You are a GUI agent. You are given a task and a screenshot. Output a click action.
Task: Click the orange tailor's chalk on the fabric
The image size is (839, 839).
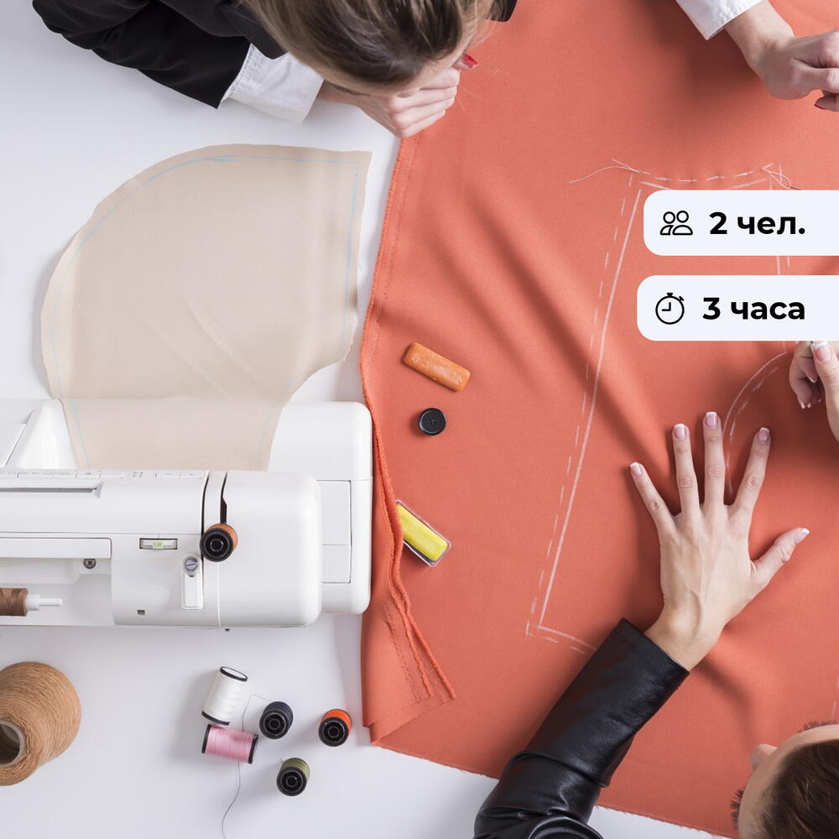(436, 367)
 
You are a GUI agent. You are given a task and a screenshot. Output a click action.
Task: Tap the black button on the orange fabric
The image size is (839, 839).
(432, 421)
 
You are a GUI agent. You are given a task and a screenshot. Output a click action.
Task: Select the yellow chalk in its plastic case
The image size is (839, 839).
(422, 533)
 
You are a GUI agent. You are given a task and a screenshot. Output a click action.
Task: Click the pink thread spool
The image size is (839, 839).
(229, 743)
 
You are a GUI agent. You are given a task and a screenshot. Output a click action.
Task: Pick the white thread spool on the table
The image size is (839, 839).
(225, 695)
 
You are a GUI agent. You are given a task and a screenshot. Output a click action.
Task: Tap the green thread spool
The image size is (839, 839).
(293, 776)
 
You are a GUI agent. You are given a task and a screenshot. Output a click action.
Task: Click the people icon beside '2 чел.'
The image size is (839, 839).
(675, 223)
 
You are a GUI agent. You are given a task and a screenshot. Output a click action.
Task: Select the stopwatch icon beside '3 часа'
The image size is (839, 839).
(670, 308)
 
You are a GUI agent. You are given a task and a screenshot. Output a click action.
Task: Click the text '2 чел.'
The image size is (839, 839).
(757, 224)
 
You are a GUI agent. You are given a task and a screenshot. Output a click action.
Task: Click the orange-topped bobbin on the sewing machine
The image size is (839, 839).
(219, 542)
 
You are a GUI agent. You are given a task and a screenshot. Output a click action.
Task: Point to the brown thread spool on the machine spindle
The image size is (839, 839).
(13, 602)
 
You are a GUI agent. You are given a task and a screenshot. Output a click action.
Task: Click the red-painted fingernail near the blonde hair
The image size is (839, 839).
(469, 61)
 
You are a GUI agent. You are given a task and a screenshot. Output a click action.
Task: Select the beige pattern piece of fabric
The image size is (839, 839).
(203, 300)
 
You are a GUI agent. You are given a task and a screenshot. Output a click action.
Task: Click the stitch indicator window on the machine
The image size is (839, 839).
(158, 545)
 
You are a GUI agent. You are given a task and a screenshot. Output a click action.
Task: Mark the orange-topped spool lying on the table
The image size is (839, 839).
(335, 727)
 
